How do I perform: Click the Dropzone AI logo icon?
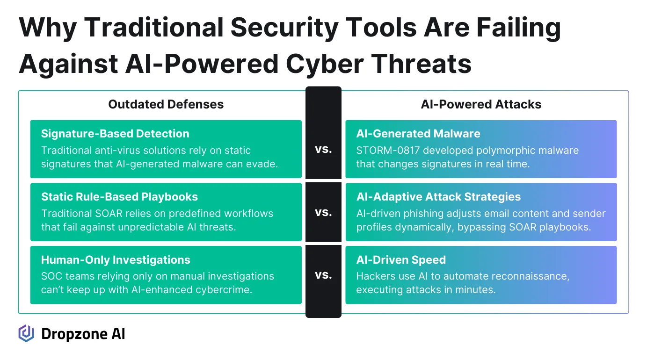(x=26, y=333)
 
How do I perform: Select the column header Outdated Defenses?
(x=166, y=104)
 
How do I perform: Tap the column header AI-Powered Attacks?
(x=481, y=104)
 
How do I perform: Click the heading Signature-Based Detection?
(x=115, y=134)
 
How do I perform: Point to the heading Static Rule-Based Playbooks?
(x=119, y=197)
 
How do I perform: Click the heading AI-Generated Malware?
(x=418, y=134)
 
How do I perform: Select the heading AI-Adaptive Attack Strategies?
(x=438, y=197)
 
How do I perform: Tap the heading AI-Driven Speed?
(x=401, y=260)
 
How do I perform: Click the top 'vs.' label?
(x=323, y=150)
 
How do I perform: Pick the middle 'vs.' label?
(x=323, y=212)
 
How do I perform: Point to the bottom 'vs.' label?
(x=323, y=275)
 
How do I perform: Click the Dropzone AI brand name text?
(x=83, y=334)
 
